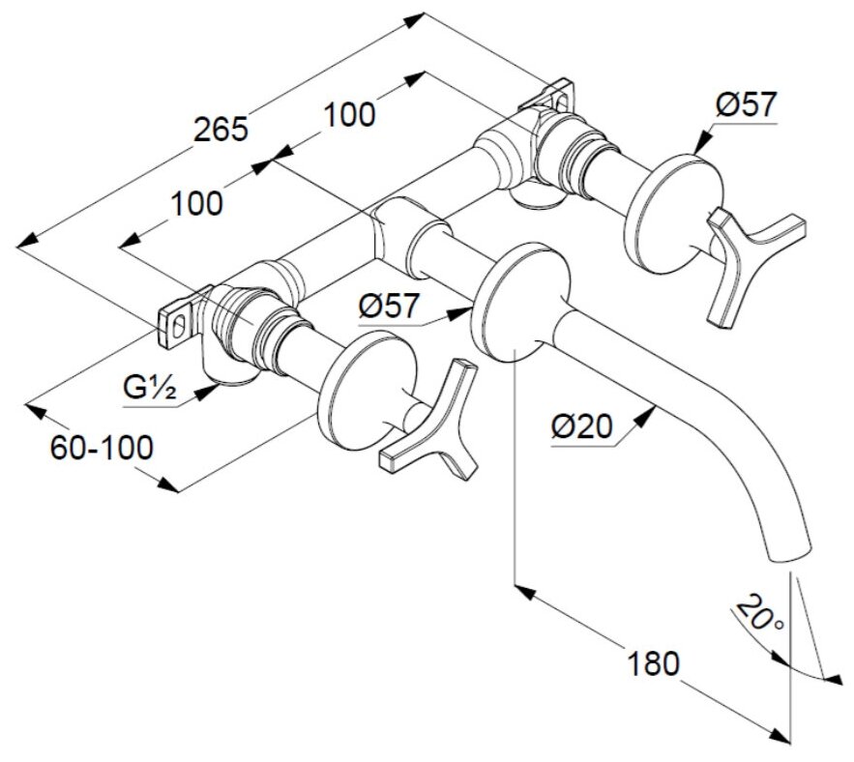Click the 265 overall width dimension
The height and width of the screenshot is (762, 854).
coord(222,128)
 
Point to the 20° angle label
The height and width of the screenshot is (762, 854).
coord(759,615)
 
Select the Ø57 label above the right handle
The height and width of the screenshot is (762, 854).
coord(746,104)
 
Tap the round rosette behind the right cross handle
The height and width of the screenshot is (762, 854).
coord(672,208)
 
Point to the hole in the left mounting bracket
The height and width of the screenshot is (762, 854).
coord(178,324)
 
